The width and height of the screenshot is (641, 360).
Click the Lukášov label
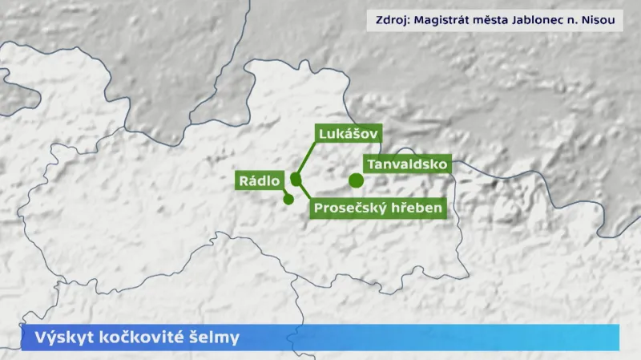coord(348,133)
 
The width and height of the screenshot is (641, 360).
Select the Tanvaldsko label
coord(406,164)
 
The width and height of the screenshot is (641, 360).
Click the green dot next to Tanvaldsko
coord(356,180)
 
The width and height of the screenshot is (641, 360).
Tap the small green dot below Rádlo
coord(288,199)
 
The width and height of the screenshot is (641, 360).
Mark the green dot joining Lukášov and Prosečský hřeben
coord(296,179)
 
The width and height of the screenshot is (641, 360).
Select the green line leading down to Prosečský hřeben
coord(305,193)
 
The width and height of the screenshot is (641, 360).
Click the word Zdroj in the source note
coord(390,20)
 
